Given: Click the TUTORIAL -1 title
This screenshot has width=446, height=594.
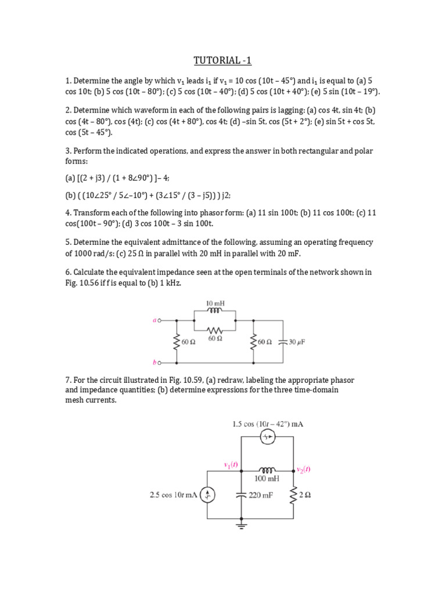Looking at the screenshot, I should coord(222,60).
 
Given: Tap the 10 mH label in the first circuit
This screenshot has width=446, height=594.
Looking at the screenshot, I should coord(214,303).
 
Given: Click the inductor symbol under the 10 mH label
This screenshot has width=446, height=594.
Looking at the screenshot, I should coord(214,311).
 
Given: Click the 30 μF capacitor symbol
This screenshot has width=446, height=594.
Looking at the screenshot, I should coord(283,342).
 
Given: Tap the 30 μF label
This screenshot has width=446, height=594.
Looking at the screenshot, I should coord(297,342).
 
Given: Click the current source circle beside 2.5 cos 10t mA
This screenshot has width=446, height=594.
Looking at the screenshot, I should coord(208,495).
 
